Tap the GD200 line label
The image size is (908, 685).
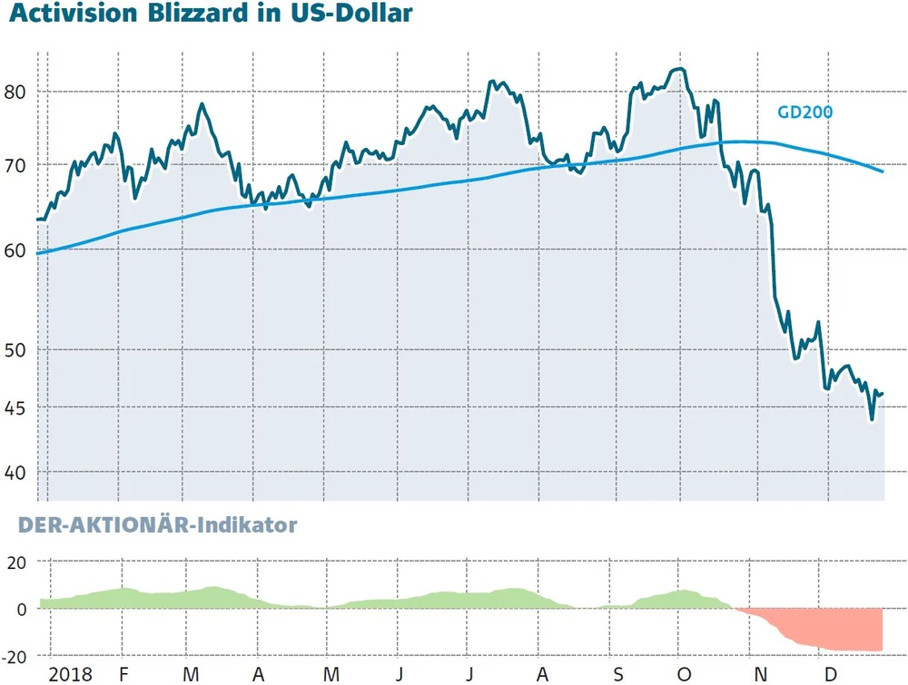point(805,113)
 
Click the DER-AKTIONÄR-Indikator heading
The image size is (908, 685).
point(158,524)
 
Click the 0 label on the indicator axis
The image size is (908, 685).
point(23,609)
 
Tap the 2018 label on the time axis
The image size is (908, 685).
point(71,673)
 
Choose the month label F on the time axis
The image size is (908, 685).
point(124,673)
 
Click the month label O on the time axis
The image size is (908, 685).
point(686,673)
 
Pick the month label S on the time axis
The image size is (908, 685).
point(618,673)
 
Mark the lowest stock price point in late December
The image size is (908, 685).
point(872,419)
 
